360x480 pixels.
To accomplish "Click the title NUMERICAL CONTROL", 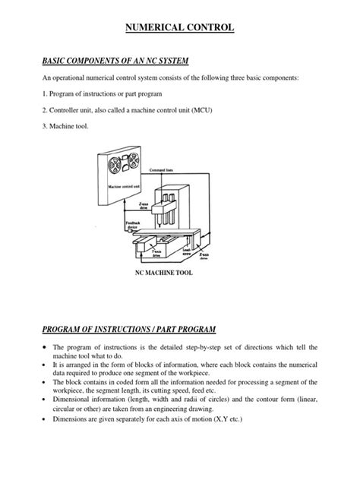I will pos(179,28).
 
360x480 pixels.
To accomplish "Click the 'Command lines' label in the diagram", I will pos(162,171).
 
